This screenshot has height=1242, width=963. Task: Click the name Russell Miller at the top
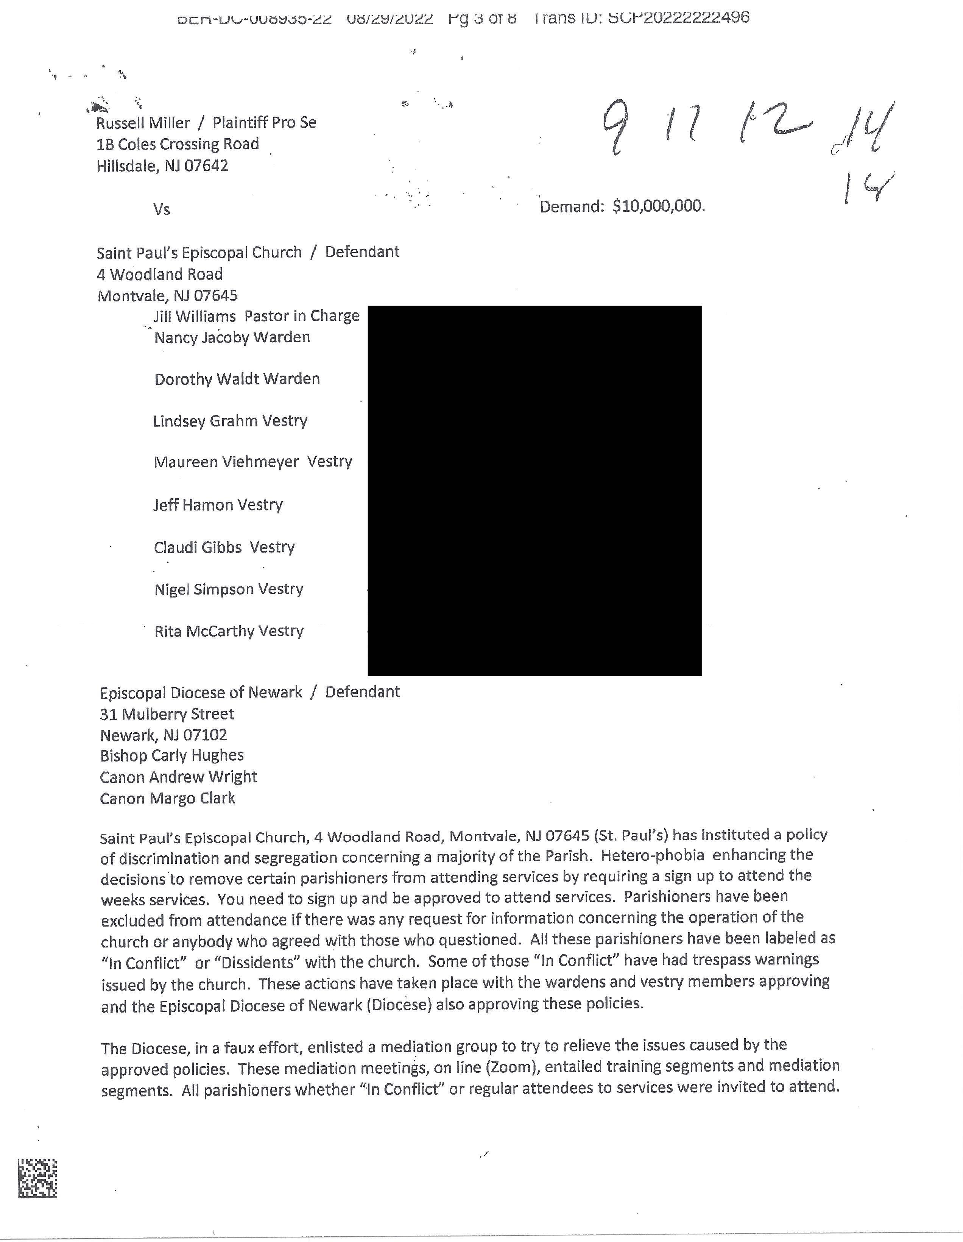(143, 123)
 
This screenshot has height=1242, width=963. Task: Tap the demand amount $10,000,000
(658, 206)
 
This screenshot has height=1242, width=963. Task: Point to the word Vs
(162, 209)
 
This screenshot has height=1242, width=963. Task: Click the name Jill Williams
(195, 316)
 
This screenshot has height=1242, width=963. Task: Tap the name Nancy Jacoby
(202, 338)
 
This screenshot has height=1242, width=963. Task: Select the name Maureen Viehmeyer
(226, 462)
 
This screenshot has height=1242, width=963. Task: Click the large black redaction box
(534, 490)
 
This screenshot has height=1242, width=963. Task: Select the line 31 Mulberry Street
(167, 714)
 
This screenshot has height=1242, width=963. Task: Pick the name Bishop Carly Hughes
(172, 755)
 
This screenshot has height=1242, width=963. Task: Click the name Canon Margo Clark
(167, 799)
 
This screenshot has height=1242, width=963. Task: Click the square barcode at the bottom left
(37, 1178)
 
